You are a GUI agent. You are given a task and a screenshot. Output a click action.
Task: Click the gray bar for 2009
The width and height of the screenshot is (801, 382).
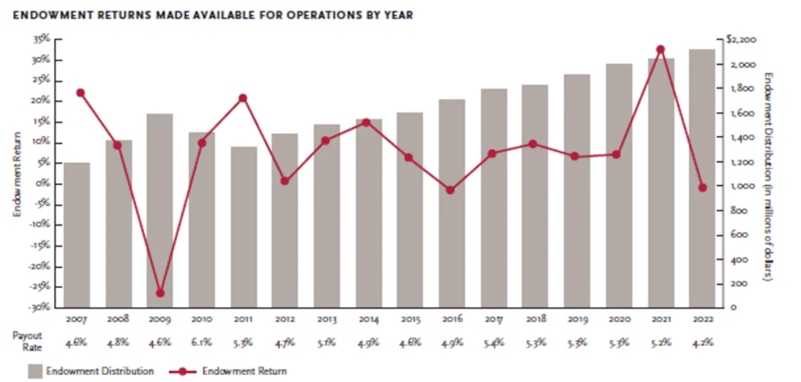pyautogui.click(x=160, y=211)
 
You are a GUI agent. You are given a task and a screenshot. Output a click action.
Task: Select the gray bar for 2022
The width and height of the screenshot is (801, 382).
pyautogui.click(x=702, y=178)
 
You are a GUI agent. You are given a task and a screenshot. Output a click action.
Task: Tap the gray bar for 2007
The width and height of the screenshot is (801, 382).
pyautogui.click(x=77, y=235)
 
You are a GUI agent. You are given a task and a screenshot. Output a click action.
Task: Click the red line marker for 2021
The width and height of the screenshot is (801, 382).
pyautogui.click(x=661, y=49)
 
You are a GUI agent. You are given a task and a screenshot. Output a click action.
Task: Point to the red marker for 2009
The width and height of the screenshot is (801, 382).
pyautogui.click(x=160, y=293)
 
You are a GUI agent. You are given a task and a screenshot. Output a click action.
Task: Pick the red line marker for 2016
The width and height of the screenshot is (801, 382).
pyautogui.click(x=450, y=190)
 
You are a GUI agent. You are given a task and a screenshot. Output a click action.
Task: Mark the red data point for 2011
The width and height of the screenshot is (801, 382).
pyautogui.click(x=243, y=98)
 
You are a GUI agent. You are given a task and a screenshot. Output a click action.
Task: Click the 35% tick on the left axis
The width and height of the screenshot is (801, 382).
pyautogui.click(x=42, y=39)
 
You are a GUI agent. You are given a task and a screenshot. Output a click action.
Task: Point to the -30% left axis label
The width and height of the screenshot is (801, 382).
pyautogui.click(x=39, y=307)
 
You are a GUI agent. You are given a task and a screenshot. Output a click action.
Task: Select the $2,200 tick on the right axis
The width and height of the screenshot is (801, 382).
pyautogui.click(x=741, y=39)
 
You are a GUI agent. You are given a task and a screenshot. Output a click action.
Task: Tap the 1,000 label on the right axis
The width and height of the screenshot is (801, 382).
pyautogui.click(x=742, y=186)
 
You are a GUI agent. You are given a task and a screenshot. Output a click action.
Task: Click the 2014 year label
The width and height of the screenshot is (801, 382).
pyautogui.click(x=369, y=319)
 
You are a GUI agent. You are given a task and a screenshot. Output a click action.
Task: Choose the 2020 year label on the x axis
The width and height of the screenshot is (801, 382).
pyautogui.click(x=620, y=319)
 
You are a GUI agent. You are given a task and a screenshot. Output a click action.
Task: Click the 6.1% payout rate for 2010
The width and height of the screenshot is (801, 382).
pyautogui.click(x=201, y=342)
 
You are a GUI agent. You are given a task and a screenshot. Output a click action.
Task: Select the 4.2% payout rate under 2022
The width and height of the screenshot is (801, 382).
pyautogui.click(x=703, y=342)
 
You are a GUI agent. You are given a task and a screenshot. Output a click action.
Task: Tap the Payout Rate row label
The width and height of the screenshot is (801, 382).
pyautogui.click(x=27, y=341)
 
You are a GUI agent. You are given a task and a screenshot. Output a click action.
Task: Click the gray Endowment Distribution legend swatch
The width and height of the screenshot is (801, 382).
pyautogui.click(x=35, y=371)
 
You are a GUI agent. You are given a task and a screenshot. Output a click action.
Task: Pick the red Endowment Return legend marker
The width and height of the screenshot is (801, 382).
pyautogui.click(x=183, y=371)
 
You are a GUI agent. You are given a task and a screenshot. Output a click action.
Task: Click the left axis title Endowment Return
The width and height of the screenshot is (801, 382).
pyautogui.click(x=17, y=174)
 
